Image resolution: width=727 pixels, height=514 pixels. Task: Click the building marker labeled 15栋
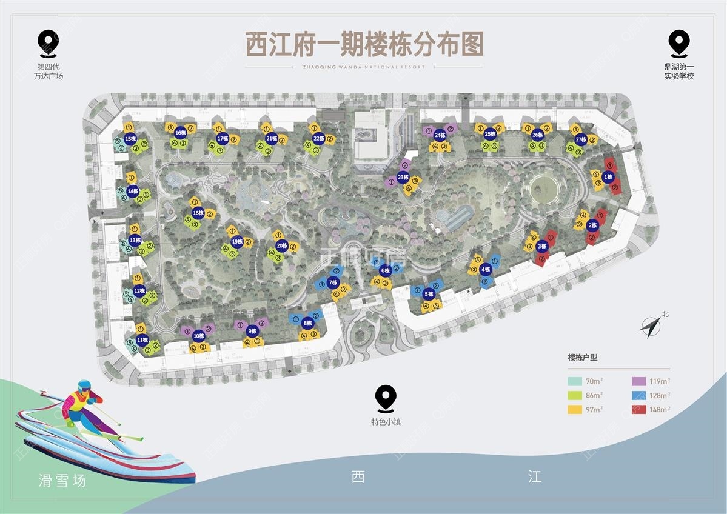pos(130,139)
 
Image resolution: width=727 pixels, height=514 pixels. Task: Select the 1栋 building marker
pos(609,177)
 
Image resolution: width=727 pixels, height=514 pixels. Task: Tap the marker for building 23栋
pos(403,178)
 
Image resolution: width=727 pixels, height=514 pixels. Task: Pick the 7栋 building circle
pos(332,282)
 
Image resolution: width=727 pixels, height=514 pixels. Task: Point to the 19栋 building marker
pos(238,242)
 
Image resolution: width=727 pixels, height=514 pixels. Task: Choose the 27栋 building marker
pos(581,139)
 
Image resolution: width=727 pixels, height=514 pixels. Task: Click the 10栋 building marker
pos(198,336)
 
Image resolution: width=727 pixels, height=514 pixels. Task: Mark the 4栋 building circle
pos(485,269)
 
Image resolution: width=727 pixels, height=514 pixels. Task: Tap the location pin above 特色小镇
pos(386,398)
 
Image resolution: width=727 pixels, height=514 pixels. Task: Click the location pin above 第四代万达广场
pos(48,42)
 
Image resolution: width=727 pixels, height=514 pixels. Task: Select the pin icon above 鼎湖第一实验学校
pos(678,42)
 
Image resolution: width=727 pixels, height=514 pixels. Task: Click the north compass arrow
pos(650,327)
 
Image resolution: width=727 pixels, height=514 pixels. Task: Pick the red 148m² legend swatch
pos(638,410)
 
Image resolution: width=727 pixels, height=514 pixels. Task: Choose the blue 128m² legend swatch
pos(638,395)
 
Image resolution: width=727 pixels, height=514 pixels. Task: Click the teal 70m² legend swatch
pos(575,381)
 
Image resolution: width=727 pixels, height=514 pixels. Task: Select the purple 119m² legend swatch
pos(638,381)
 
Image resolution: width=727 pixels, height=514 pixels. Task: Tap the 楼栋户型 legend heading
pos(582,358)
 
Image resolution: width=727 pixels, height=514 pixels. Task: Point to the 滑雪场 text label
pos(62,481)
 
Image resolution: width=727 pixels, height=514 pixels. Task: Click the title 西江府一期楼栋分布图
pos(364,45)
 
